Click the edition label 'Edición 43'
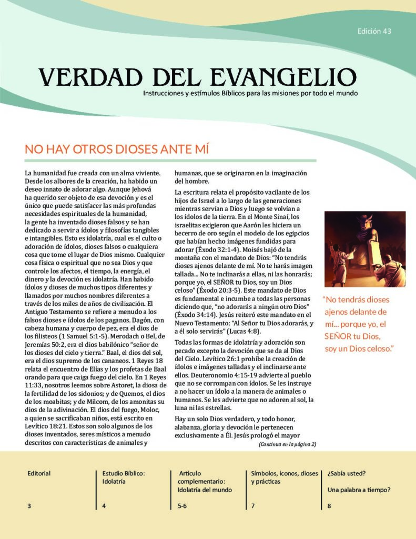pyautogui.click(x=374, y=31)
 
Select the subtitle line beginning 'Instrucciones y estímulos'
pyautogui.click(x=250, y=93)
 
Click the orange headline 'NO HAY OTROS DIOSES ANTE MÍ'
pyautogui.click(x=117, y=149)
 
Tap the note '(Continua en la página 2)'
pyautogui.click(x=287, y=444)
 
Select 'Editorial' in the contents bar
pyautogui.click(x=39, y=473)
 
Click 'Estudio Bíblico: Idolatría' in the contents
pyautogui.click(x=123, y=477)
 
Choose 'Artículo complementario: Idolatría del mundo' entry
pyautogui.click(x=205, y=481)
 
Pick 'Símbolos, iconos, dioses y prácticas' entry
pyautogui.click(x=285, y=477)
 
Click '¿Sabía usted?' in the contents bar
pyautogui.click(x=347, y=473)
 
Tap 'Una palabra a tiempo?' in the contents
pyautogui.click(x=359, y=490)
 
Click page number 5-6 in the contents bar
pyautogui.click(x=182, y=506)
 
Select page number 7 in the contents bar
pyautogui.click(x=253, y=506)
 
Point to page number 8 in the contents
pyautogui.click(x=329, y=506)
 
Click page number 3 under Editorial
pyautogui.click(x=29, y=506)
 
